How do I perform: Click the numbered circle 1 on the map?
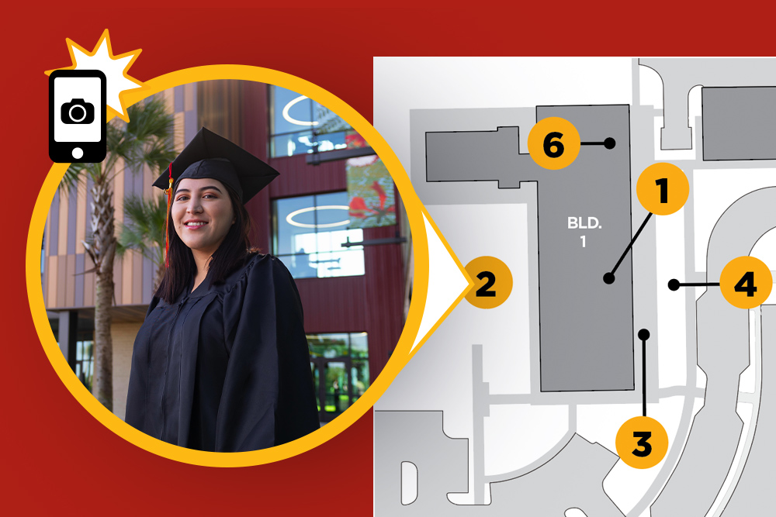coord(663,189)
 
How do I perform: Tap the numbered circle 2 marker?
coord(487,283)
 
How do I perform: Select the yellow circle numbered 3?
coord(642,443)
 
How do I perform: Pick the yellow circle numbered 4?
coord(746,283)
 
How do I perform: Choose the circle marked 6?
coord(554,143)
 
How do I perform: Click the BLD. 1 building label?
coord(584,232)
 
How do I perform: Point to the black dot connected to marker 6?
coord(610,143)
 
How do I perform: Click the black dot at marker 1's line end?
coord(609,278)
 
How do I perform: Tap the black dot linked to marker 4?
coord(674,284)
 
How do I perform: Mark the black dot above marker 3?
coord(644,335)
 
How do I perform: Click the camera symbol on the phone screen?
coord(78,111)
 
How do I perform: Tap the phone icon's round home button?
coord(77,153)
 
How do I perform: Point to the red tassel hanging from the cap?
coord(168,212)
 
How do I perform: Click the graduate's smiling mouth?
coord(196,225)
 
